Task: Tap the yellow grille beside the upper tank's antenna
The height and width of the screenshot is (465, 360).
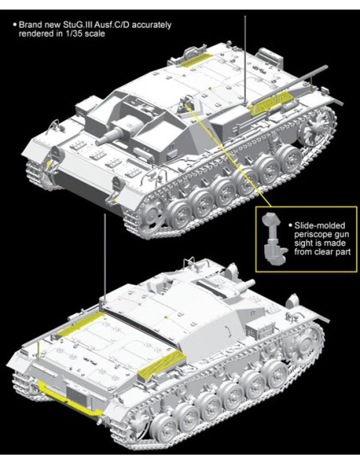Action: [x=267, y=106]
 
